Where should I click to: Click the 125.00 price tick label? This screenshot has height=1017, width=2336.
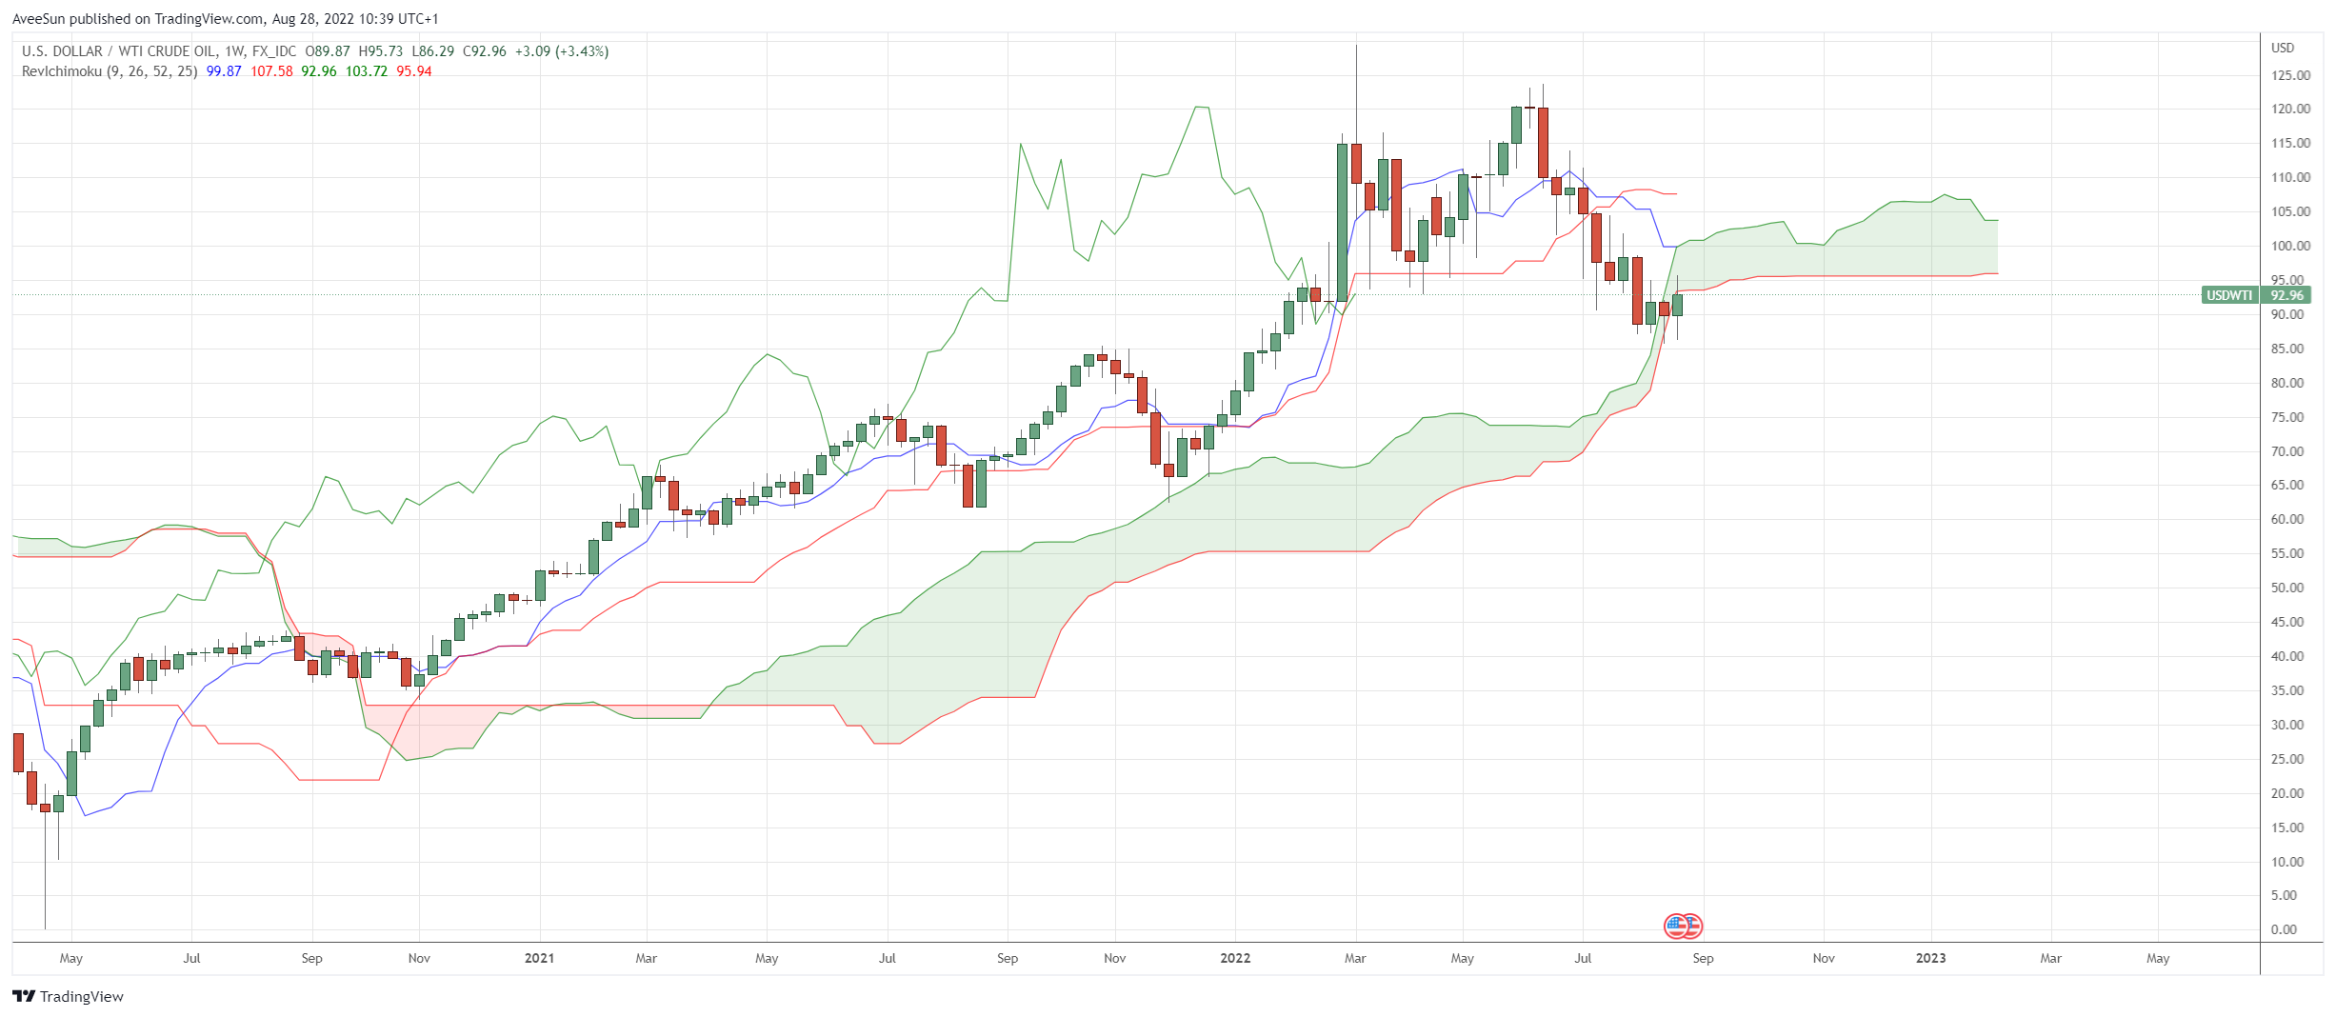tap(2290, 75)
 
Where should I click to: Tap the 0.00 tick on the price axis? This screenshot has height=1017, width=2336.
tap(2284, 929)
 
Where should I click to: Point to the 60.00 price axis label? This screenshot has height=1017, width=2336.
tap(2290, 519)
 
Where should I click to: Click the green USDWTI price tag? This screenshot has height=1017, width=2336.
tap(2229, 295)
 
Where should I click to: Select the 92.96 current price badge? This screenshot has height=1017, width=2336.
tap(2286, 295)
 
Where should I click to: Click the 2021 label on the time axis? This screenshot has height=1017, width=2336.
tap(539, 958)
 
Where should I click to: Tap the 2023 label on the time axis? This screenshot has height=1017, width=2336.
tap(1930, 958)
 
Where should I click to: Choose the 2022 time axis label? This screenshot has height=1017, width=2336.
tap(1235, 958)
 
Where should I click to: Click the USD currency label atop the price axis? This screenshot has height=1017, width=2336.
tap(2283, 48)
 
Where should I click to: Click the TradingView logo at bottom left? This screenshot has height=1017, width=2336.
tap(69, 996)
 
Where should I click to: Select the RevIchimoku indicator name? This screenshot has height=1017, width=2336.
tap(61, 71)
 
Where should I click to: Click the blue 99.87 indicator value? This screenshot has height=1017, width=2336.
tap(224, 71)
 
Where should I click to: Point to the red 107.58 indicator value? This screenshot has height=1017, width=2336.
tap(271, 71)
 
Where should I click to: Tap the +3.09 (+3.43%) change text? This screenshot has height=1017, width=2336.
tap(562, 51)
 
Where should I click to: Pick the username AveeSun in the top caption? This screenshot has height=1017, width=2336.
tap(38, 19)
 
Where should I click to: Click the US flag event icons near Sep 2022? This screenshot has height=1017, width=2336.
tap(1683, 926)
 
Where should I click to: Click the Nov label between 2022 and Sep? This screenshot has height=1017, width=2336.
tap(1114, 958)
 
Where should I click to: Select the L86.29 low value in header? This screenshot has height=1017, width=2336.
tap(433, 51)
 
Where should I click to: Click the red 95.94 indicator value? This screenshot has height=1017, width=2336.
tap(414, 71)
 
